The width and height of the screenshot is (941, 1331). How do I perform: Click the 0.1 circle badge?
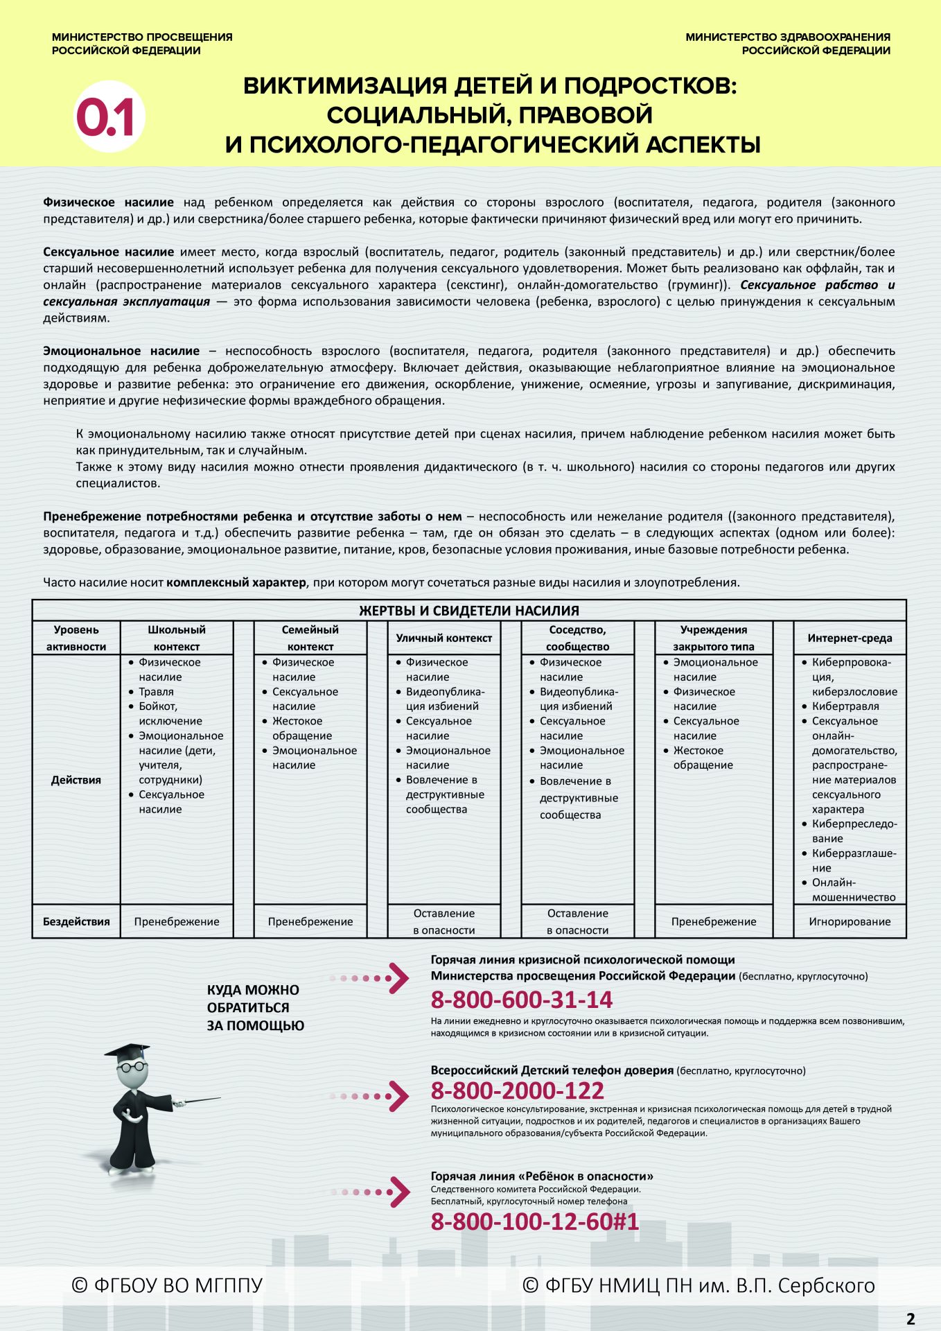tap(109, 117)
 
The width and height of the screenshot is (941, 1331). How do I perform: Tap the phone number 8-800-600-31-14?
tap(521, 1000)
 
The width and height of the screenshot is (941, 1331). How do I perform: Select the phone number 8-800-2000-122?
tap(517, 1090)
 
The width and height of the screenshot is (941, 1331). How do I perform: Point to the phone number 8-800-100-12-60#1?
tap(534, 1221)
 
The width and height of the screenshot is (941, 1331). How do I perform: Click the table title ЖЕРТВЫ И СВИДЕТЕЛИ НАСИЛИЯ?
tap(468, 611)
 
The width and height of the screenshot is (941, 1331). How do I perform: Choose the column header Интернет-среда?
tap(850, 638)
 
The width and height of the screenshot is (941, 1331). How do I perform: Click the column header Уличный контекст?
tap(443, 638)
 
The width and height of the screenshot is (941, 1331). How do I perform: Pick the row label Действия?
tap(76, 780)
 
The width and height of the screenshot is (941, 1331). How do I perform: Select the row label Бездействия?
tap(76, 921)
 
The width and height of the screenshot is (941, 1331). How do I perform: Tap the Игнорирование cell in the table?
tap(850, 921)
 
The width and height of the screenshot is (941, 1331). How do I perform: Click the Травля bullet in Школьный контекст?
tap(156, 692)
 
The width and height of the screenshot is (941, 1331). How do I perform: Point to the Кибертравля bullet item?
tap(845, 706)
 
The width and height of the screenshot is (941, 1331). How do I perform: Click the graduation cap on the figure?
tap(129, 1050)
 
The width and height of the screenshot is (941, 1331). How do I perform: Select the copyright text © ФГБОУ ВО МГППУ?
tap(167, 1285)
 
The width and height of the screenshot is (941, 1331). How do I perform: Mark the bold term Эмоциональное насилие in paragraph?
tap(121, 351)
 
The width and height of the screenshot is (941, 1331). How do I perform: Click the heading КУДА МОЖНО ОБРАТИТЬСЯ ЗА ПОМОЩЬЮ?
tap(255, 1008)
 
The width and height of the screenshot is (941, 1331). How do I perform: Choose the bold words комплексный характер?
tap(236, 582)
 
